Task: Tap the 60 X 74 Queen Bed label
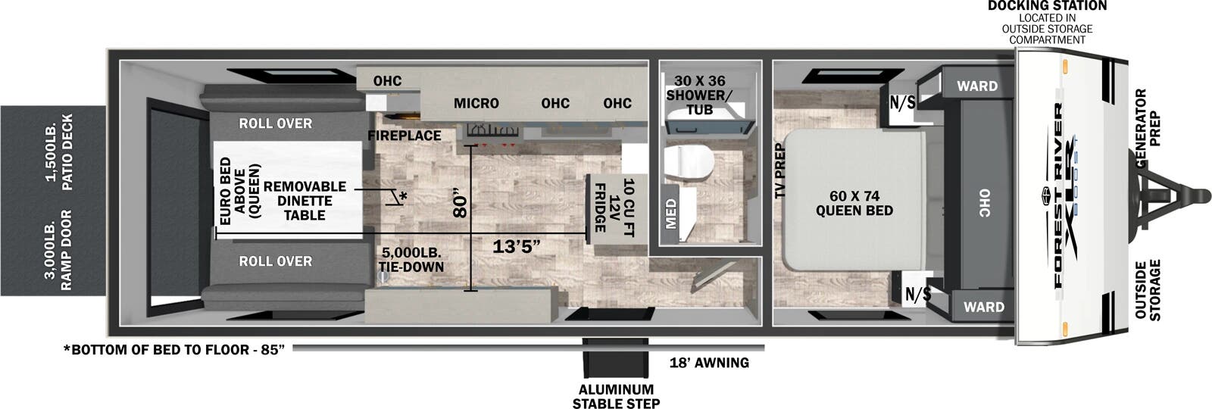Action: pyautogui.click(x=854, y=203)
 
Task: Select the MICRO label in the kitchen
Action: pyautogui.click(x=476, y=103)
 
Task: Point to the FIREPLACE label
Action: pyautogui.click(x=405, y=136)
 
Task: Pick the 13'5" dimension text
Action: pyautogui.click(x=516, y=246)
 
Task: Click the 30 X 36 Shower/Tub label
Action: pyautogui.click(x=699, y=95)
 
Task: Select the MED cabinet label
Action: pyautogui.click(x=671, y=214)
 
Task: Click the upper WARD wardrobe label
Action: pyautogui.click(x=976, y=86)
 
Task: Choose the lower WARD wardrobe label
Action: pyautogui.click(x=983, y=307)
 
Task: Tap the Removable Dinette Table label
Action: pyautogui.click(x=305, y=201)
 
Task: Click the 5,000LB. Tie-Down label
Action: pyautogui.click(x=411, y=260)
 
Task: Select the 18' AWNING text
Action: pyautogui.click(x=709, y=363)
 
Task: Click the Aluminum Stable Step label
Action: pyautogui.click(x=615, y=396)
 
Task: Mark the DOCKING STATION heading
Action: pyautogui.click(x=1047, y=6)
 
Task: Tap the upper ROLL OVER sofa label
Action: pyautogui.click(x=275, y=123)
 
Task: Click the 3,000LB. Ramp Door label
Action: pyautogui.click(x=58, y=250)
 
